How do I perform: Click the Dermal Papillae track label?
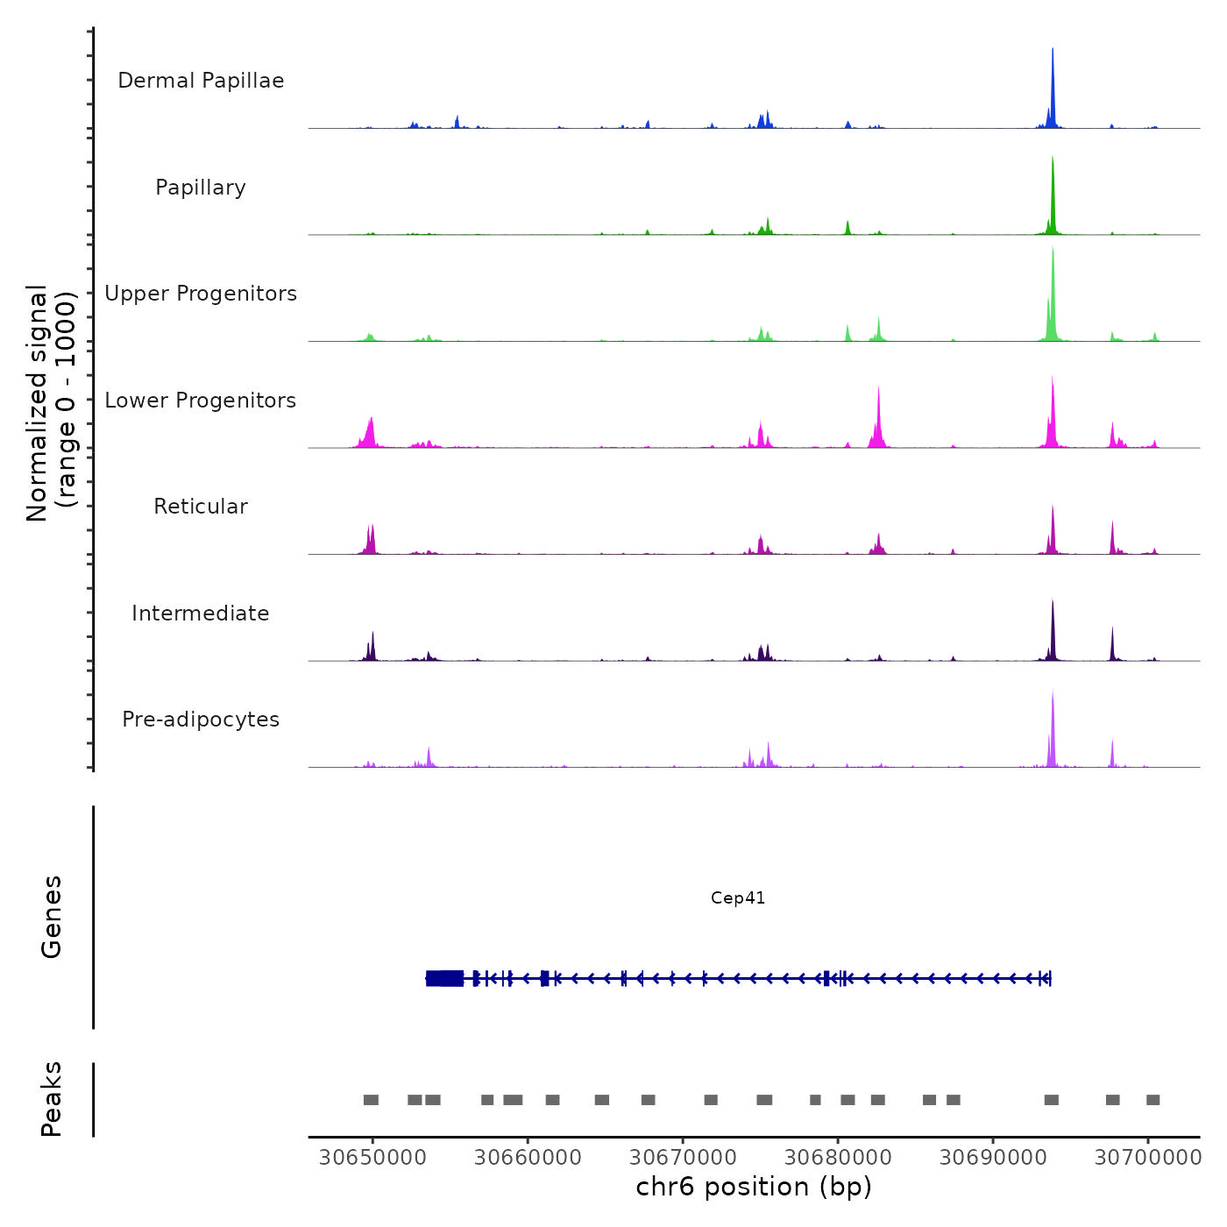pyautogui.click(x=201, y=81)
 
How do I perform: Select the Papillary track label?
pyautogui.click(x=201, y=188)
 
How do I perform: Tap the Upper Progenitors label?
pyautogui.click(x=201, y=294)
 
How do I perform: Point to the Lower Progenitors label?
pyautogui.click(x=201, y=401)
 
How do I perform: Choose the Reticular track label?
pyautogui.click(x=201, y=507)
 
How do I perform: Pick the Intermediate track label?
pyautogui.click(x=201, y=613)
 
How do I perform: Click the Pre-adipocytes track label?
pyautogui.click(x=201, y=720)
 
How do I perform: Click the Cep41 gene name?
pyautogui.click(x=738, y=898)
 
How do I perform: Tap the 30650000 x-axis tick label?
pyautogui.click(x=372, y=1158)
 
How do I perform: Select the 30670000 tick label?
pyautogui.click(x=683, y=1158)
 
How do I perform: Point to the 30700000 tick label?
pyautogui.click(x=1148, y=1158)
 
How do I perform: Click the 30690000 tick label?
pyautogui.click(x=993, y=1158)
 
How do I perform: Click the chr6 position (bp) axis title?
pyautogui.click(x=754, y=1187)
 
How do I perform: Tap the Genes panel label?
pyautogui.click(x=51, y=917)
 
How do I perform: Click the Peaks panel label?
pyautogui.click(x=51, y=1099)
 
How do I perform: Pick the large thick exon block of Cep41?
pyautogui.click(x=445, y=978)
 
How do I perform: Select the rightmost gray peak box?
pyautogui.click(x=1153, y=1100)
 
